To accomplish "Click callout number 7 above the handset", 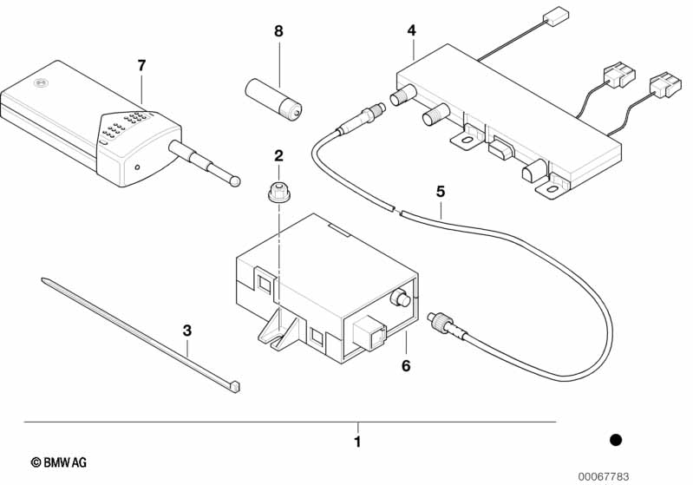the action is click(x=141, y=66).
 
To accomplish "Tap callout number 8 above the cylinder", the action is click(x=278, y=31).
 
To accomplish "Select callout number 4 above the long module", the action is click(x=412, y=30).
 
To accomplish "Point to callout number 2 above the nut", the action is click(x=278, y=155).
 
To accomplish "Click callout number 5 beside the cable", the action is click(x=441, y=192).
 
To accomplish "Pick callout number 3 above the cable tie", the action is click(x=187, y=331).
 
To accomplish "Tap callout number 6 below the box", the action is click(x=406, y=366).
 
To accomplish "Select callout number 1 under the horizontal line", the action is click(x=358, y=442).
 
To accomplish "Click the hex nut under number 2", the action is click(x=278, y=193).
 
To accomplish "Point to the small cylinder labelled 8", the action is click(x=273, y=100).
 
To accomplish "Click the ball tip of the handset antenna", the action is click(x=236, y=180).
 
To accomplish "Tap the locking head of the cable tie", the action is click(x=234, y=386).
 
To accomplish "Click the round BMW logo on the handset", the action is click(x=41, y=82).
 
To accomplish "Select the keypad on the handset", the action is click(x=123, y=125).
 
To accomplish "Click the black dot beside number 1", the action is click(x=615, y=440).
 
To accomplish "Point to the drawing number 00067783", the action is click(x=604, y=476).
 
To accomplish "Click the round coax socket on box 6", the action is click(x=401, y=298).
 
